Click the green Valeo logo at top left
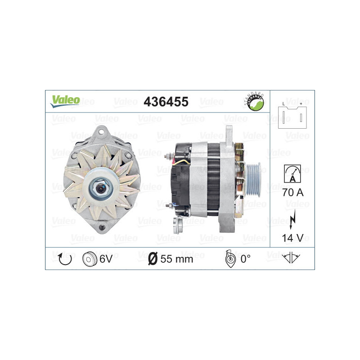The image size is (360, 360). [x=65, y=100]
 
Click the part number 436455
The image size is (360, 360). [x=165, y=102]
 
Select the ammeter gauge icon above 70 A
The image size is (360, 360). [x=292, y=173]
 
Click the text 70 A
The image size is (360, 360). [x=292, y=193]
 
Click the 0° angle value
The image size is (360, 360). [x=245, y=259]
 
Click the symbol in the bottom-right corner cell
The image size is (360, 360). [x=292, y=258]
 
